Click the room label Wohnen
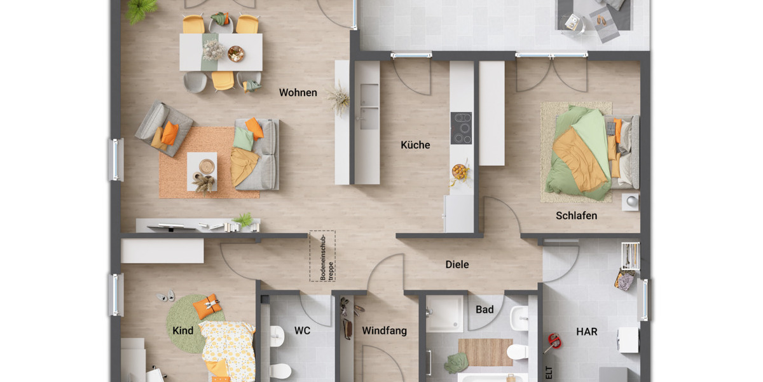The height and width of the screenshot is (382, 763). pyautogui.click(x=298, y=93)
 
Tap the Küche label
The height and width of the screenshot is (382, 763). pyautogui.click(x=415, y=145)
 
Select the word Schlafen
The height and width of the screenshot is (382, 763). pyautogui.click(x=576, y=216)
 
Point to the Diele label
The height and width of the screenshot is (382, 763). pyautogui.click(x=457, y=264)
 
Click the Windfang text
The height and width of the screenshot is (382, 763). pyautogui.click(x=384, y=331)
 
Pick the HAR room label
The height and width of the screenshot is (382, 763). pyautogui.click(x=586, y=332)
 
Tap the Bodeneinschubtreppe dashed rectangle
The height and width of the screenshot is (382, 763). pyautogui.click(x=322, y=256)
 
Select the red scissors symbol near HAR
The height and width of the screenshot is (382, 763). pyautogui.click(x=552, y=342)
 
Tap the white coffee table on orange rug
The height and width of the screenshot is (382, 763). pyautogui.click(x=202, y=171)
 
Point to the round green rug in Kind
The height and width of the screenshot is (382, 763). pyautogui.click(x=189, y=322)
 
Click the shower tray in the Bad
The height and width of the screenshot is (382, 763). pyautogui.click(x=444, y=313)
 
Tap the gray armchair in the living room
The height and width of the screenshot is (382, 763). pyautogui.click(x=163, y=128)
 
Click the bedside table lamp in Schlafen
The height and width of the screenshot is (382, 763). pyautogui.click(x=631, y=201)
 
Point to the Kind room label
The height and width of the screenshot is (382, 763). pyautogui.click(x=183, y=331)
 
